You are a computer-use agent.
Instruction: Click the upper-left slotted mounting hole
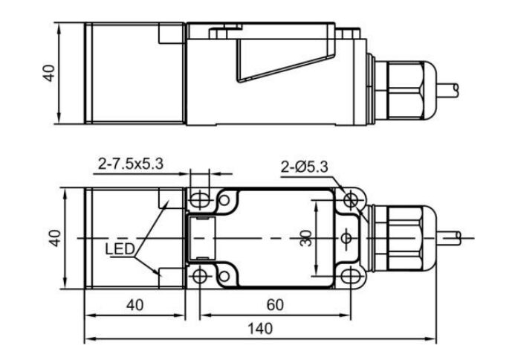[x=198, y=199]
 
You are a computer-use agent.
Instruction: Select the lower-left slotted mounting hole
[x=198, y=277]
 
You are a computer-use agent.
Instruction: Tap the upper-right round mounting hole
[x=351, y=199]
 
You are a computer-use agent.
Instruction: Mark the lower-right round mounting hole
[x=351, y=277]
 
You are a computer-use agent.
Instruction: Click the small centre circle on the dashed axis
[x=347, y=238]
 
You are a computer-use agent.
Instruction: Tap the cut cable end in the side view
[x=455, y=88]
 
